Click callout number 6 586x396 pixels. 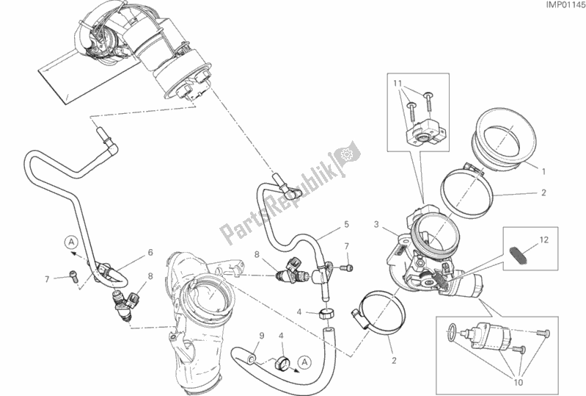point(150,252)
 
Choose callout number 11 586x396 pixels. point(397,84)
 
